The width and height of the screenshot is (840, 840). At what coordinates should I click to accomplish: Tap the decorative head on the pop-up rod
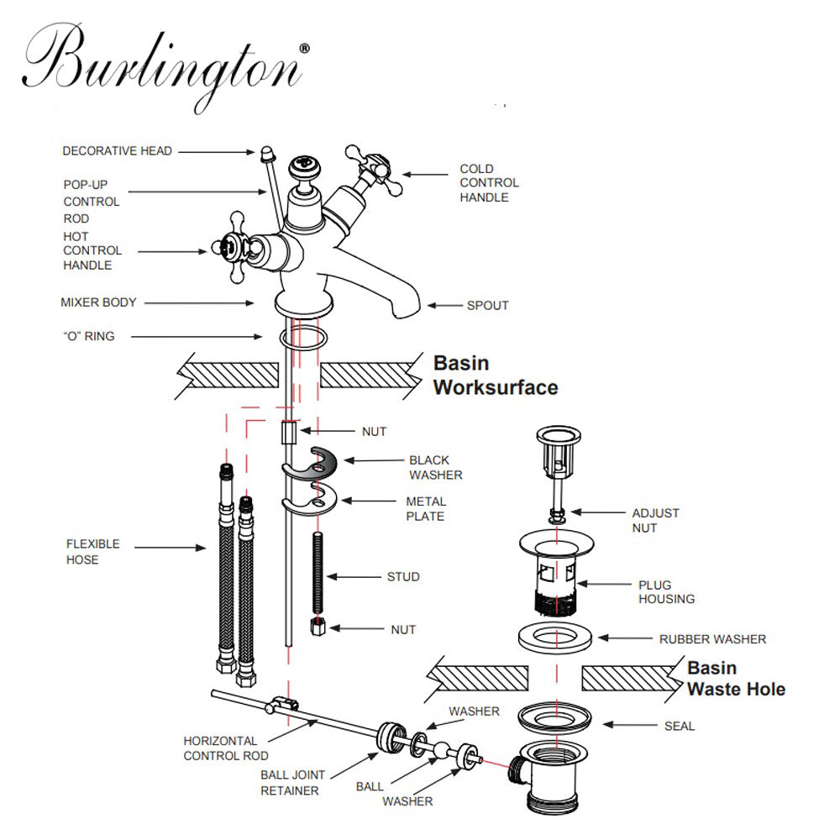pos(266,154)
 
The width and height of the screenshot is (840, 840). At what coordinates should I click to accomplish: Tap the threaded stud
pos(318,575)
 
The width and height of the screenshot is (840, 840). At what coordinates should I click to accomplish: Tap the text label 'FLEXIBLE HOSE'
pos(93,552)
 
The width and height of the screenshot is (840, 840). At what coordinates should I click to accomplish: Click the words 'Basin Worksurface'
pos(495,375)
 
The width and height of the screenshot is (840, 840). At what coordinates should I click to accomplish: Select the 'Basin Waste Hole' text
pos(736,679)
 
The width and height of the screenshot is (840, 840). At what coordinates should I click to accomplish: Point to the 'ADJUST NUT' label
pos(655,520)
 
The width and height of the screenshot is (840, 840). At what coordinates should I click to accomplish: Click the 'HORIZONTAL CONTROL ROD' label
pos(221,748)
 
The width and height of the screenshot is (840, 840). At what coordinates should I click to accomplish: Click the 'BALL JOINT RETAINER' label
pos(292,783)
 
